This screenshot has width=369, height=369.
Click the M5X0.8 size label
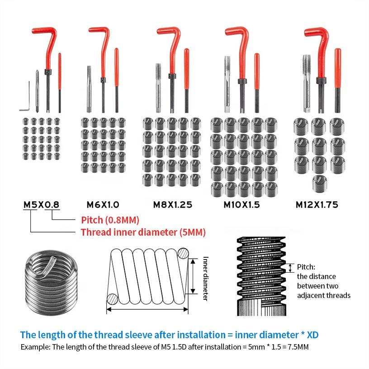[x=42, y=204]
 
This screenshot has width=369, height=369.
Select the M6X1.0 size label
[x=103, y=204]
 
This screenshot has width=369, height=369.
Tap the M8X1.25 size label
[x=173, y=204]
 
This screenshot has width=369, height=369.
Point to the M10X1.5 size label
[x=241, y=204]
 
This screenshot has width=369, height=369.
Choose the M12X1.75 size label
[x=317, y=204]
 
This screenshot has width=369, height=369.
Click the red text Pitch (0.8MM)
[x=110, y=220]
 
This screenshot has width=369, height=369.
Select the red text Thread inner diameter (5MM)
[x=143, y=232]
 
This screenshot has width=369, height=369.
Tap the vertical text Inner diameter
[x=206, y=279]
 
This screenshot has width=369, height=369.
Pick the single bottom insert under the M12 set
[x=320, y=184]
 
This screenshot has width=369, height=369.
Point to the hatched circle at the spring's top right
[x=183, y=254]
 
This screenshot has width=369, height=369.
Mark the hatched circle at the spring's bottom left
[x=112, y=299]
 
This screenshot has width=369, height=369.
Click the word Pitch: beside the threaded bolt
[x=306, y=267]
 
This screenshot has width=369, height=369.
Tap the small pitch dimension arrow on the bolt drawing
[x=290, y=268]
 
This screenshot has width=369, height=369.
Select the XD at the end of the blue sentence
[x=313, y=335]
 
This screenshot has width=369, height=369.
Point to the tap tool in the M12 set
[x=307, y=84]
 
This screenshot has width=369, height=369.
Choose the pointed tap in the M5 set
[x=37, y=91]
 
